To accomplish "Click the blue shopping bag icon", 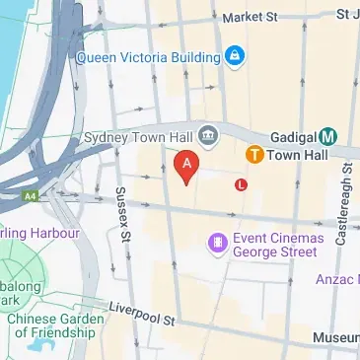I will (x=235, y=54).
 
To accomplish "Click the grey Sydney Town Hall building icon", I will (x=207, y=134).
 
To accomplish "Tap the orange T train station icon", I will (x=253, y=155).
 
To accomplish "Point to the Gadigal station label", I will (x=292, y=135).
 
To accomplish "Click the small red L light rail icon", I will (x=241, y=183).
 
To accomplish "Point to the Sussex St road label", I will (x=123, y=215).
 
